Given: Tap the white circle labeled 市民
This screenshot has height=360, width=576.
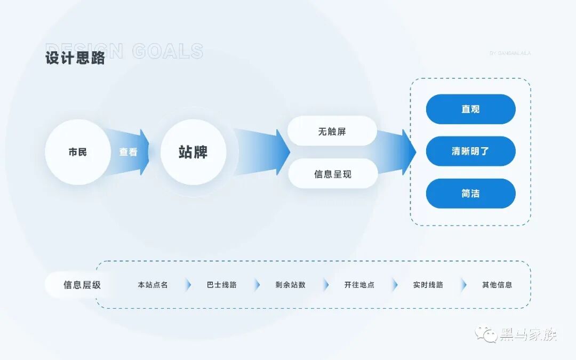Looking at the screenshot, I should [x=78, y=152].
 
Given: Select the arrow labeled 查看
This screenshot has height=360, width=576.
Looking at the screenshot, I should [x=128, y=152].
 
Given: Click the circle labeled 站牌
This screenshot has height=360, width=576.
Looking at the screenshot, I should [x=193, y=152].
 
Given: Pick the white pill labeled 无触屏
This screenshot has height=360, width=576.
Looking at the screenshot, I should [x=332, y=131].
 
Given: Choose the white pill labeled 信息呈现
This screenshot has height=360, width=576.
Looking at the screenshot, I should [x=333, y=174].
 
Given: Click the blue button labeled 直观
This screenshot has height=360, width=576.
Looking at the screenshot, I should [x=470, y=109].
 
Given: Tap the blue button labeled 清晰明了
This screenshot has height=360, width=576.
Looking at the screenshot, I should [x=470, y=151].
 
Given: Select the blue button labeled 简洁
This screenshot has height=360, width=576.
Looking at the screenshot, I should [x=470, y=194].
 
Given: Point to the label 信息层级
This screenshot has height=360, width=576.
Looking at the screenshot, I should [x=82, y=285].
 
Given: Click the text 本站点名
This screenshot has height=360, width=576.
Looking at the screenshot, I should [x=153, y=285].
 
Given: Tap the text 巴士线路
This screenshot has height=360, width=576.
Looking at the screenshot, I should [x=222, y=285].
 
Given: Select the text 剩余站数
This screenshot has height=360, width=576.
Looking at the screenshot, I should [x=291, y=285].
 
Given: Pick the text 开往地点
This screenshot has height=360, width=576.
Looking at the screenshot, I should [x=359, y=285].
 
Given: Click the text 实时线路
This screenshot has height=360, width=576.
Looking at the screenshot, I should [x=428, y=285].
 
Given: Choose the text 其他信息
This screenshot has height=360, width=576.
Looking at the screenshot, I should [x=497, y=285].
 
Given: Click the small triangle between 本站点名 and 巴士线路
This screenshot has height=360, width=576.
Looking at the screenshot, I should [x=188, y=285].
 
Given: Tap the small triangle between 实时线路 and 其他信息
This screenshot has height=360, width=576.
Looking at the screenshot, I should [x=463, y=285].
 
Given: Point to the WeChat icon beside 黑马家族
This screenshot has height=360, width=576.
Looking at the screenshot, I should [x=486, y=334].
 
